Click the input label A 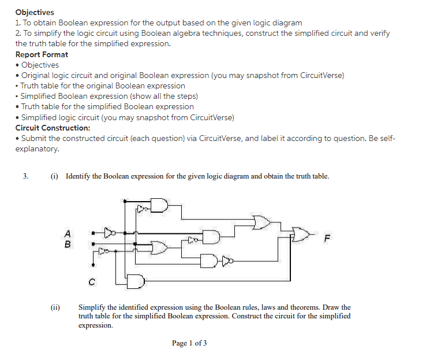(x=68, y=234)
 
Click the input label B (x=68, y=244)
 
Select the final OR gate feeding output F (x=301, y=233)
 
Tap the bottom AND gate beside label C (x=136, y=281)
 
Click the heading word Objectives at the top (x=35, y=12)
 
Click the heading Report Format (x=42, y=54)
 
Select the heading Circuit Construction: (x=53, y=128)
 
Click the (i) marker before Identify (x=55, y=176)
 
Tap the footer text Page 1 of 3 (x=189, y=343)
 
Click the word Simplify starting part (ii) (x=92, y=308)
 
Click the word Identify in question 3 (x=81, y=176)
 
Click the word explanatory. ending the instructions (x=37, y=149)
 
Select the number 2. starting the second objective (x=18, y=33)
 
